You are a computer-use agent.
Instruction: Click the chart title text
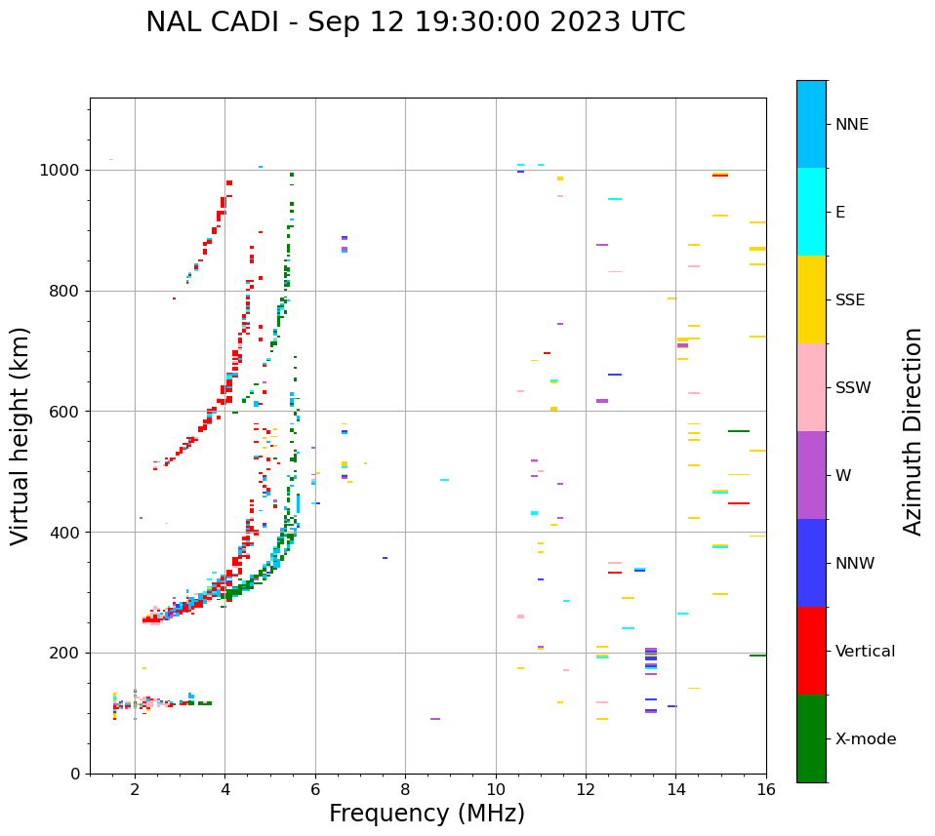[x=415, y=22]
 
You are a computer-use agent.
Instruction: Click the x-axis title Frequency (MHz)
[x=427, y=814]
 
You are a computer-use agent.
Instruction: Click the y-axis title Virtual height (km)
[x=20, y=436]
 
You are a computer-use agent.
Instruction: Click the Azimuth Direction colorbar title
[x=913, y=431]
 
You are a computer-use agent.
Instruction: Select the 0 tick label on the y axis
[x=75, y=774]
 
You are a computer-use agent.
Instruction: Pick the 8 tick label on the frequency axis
[x=405, y=790]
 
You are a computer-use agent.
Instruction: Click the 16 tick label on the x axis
[x=766, y=790]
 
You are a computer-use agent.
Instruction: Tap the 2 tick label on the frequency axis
[x=135, y=790]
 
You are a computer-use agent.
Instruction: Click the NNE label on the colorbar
[x=851, y=125]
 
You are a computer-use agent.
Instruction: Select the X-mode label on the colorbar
[x=865, y=739]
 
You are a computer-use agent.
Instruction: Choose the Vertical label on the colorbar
[x=865, y=652]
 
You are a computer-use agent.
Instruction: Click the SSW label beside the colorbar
[x=853, y=388]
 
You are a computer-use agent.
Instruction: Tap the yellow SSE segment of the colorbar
[x=811, y=299]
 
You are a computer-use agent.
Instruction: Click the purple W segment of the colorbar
[x=811, y=475]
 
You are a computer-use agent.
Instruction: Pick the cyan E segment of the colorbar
[x=811, y=212]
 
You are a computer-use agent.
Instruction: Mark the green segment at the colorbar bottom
[x=811, y=738]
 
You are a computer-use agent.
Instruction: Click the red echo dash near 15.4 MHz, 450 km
[x=739, y=503]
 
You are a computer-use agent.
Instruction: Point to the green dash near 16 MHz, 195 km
[x=757, y=656]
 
